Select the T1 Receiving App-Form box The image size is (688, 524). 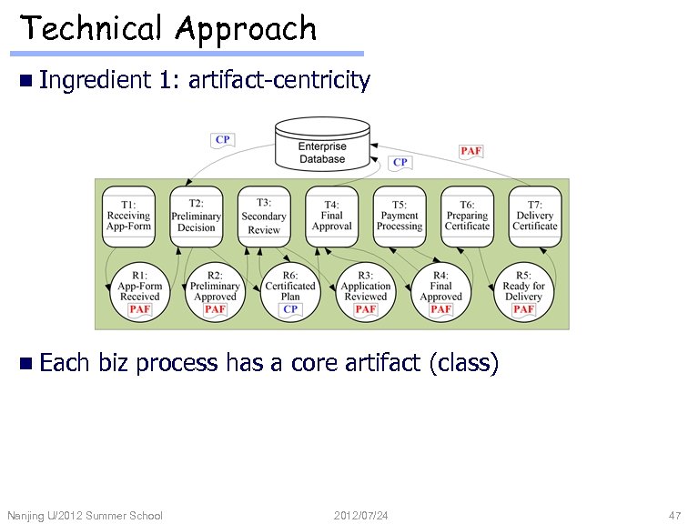128,217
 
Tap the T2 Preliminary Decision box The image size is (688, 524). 196,217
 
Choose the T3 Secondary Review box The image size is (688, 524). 264,217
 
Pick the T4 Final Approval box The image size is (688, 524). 331,217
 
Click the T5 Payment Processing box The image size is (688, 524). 399,217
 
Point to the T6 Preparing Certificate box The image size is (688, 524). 467,217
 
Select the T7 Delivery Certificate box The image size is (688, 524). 534,217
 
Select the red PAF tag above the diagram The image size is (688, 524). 470,151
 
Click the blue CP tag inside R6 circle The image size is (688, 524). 290,309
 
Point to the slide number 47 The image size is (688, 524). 674,516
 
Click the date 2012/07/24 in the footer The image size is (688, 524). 361,516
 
